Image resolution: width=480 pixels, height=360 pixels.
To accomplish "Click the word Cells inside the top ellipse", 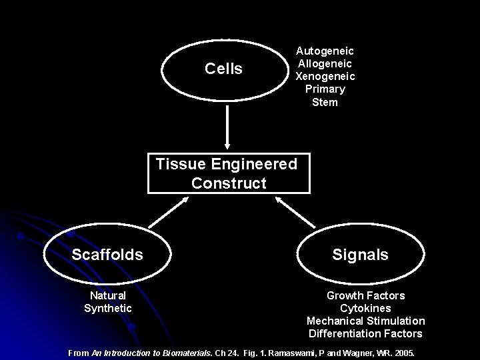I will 223,69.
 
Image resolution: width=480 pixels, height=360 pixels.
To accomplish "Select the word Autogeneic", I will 325,51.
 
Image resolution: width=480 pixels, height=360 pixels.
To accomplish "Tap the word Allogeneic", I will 325,63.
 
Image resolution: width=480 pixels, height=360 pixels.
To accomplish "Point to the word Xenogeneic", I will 325,76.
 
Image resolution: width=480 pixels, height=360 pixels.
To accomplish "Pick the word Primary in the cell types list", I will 325,89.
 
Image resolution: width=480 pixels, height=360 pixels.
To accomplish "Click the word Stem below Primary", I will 325,102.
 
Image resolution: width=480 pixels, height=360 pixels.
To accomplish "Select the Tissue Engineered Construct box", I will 228,173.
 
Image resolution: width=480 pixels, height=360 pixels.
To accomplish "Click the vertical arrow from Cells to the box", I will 228,127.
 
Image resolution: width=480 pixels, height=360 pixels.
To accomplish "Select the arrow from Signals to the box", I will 296,212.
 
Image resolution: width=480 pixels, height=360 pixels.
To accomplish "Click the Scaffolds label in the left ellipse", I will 107,255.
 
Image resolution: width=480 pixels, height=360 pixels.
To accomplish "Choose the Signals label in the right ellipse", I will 361,255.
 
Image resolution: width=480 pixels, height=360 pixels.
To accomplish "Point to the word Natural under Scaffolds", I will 108,295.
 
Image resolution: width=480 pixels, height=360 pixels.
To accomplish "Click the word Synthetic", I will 108,308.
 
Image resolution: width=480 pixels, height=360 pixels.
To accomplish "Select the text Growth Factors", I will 365,295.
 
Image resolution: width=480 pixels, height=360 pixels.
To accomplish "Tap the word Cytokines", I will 365,308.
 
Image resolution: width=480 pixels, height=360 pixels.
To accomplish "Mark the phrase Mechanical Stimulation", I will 365,321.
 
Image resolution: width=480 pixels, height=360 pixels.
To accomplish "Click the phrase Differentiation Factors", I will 365,333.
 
